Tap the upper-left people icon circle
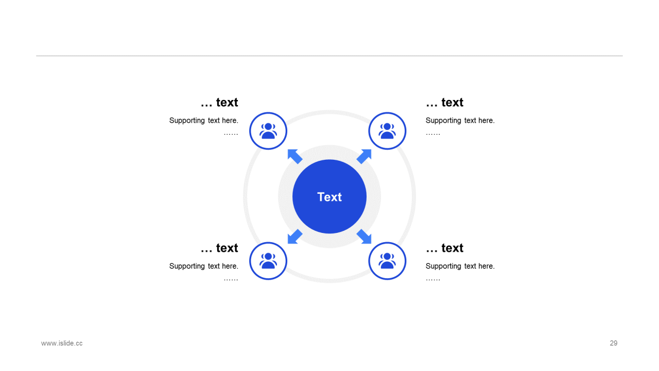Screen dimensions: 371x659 point(268,131)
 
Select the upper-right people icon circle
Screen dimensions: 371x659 point(387,131)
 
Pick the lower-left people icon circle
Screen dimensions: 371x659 point(268,261)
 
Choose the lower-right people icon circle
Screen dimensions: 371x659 point(387,261)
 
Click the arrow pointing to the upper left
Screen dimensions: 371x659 point(294,156)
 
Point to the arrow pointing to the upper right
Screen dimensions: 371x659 point(365,156)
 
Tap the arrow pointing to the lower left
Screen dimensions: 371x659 point(294,237)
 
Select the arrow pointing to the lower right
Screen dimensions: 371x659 point(365,237)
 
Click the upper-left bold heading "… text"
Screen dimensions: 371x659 point(219,103)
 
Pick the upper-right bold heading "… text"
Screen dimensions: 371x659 point(444,103)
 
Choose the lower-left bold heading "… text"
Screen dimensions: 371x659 point(219,248)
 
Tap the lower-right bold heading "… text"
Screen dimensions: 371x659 point(444,248)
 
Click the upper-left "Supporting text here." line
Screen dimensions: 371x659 point(204,121)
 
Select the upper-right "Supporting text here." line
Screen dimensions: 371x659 point(460,121)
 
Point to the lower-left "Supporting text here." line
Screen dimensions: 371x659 point(204,266)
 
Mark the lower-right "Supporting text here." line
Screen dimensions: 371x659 point(460,266)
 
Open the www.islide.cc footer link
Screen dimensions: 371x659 point(62,343)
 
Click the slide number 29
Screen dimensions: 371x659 point(613,343)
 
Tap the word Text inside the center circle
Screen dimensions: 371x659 point(329,197)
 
